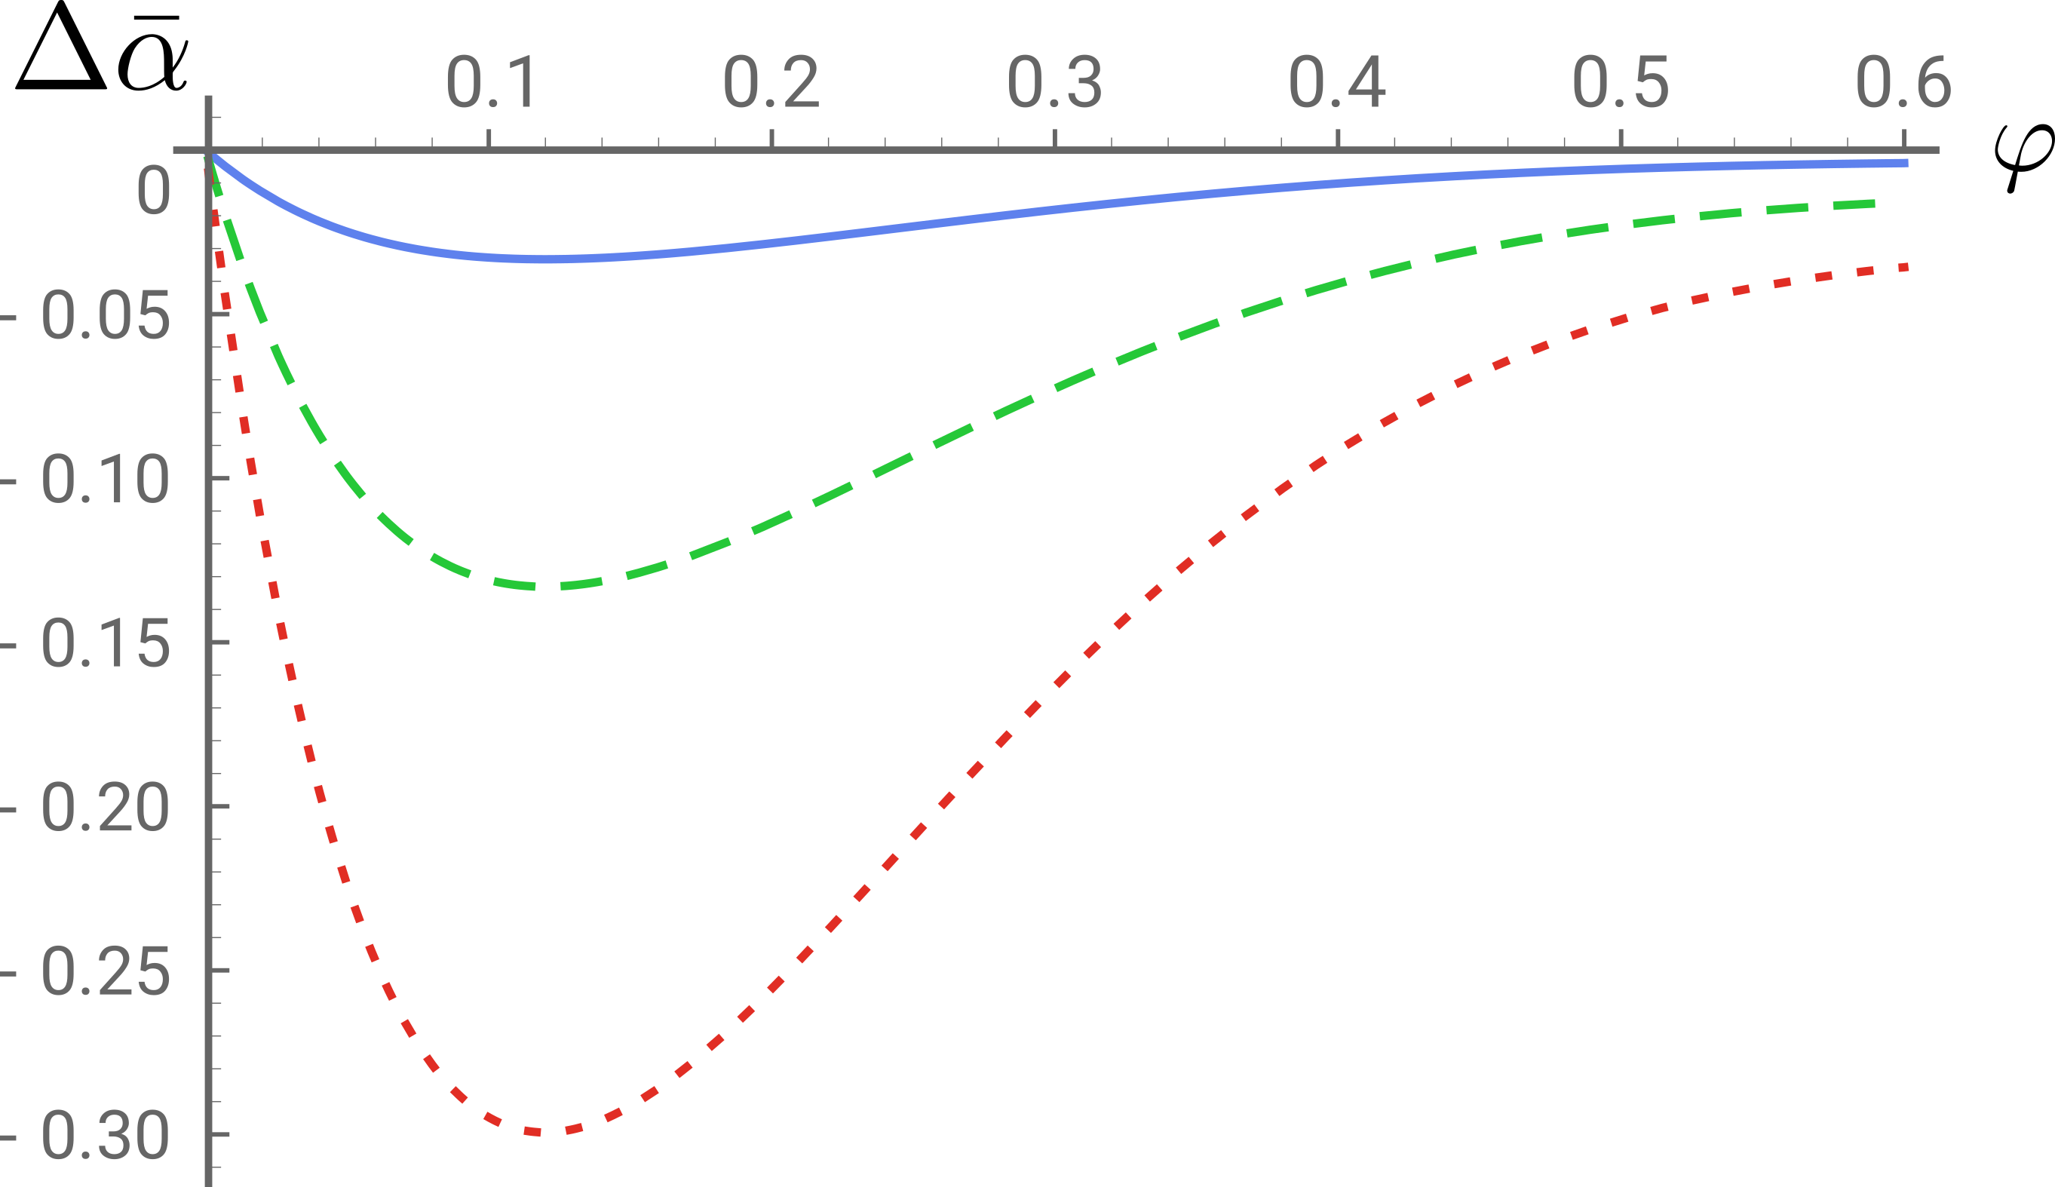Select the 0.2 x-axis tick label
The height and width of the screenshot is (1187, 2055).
tap(771, 82)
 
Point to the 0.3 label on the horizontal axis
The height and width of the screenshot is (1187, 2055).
tap(1055, 82)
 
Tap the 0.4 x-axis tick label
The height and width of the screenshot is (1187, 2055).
tap(1337, 82)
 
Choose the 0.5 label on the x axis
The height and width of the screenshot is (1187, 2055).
tap(1621, 82)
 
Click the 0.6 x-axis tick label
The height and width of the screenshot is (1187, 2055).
tap(1903, 82)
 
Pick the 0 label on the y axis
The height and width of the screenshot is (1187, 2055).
tap(153, 191)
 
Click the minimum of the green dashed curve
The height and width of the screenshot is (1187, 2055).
tap(554, 586)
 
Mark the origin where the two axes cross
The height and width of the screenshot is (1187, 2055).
tap(209, 150)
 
